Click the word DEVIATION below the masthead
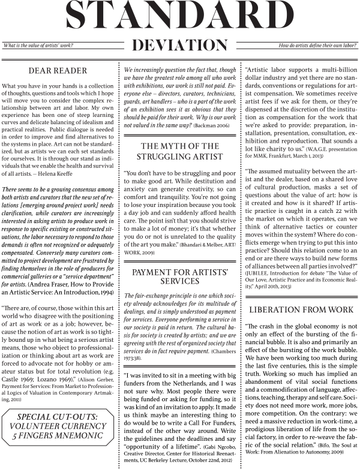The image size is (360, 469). click(180, 45)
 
